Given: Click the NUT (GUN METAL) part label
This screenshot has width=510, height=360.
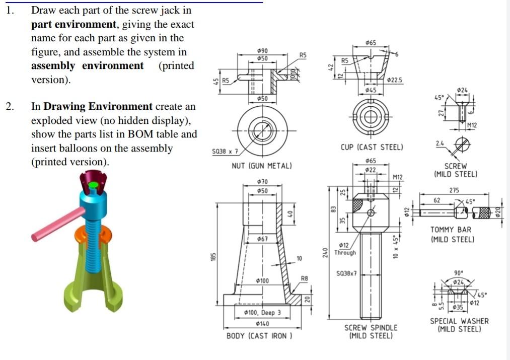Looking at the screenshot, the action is click(x=262, y=166).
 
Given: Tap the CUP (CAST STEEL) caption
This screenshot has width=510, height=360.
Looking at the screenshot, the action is click(x=372, y=148).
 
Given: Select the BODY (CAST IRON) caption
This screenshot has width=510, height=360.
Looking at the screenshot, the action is click(x=259, y=336).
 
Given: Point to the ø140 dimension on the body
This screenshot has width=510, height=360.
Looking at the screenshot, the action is click(x=262, y=324).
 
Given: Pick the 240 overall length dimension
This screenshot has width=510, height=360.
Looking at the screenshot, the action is click(x=325, y=253).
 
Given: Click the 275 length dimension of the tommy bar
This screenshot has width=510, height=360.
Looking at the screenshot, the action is click(x=454, y=190).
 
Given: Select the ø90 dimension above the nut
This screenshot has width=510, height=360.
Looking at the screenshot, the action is click(x=262, y=51).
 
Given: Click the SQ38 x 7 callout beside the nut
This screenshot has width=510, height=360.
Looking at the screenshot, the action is click(x=225, y=152).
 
